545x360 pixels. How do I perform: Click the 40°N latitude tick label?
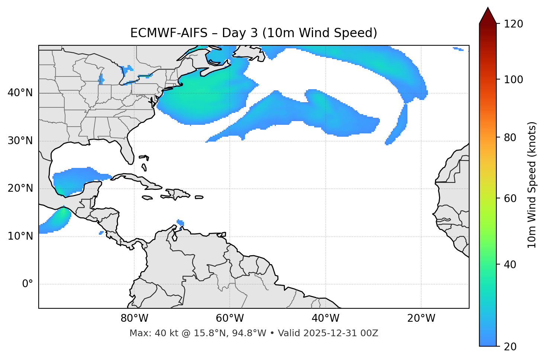(x=20, y=93)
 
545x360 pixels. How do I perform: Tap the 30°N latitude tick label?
(x=20, y=141)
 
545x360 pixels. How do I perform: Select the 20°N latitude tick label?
(x=20, y=188)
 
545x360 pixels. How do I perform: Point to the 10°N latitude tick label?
(x=20, y=236)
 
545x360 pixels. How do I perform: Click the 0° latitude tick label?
(x=28, y=284)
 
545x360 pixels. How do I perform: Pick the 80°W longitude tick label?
(x=134, y=318)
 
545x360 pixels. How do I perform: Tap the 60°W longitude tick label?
(x=230, y=318)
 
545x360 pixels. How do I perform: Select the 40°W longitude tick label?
(x=325, y=318)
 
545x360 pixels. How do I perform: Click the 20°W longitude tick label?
(x=421, y=318)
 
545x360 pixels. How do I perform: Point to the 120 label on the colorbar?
(x=513, y=24)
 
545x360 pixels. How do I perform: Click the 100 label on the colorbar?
(x=513, y=80)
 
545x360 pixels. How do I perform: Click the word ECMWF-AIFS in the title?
(x=169, y=33)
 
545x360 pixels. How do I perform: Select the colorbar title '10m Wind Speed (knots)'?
(x=532, y=185)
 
